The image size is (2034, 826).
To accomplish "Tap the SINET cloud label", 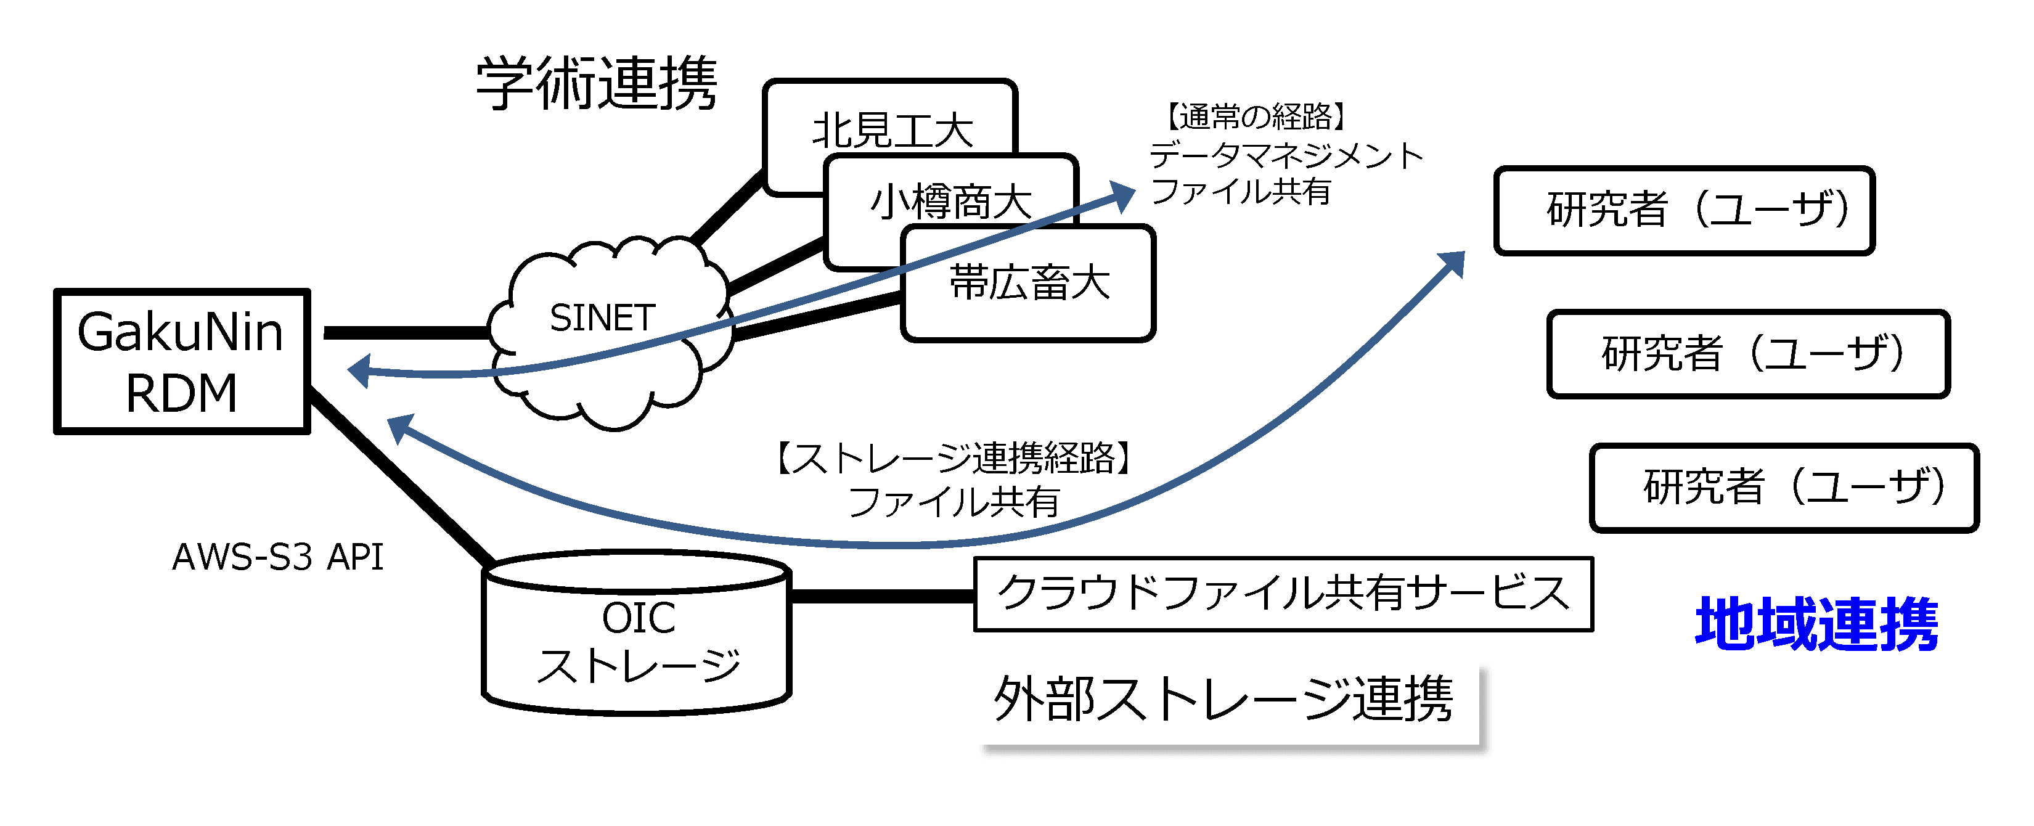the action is [602, 318].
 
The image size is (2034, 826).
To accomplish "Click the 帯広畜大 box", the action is [1028, 284].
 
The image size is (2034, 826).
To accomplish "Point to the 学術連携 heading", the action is [597, 83].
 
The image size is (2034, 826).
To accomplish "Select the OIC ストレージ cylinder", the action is [637, 632].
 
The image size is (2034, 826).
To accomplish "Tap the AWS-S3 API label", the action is [278, 557].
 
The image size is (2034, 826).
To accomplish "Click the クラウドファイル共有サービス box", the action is [1284, 594].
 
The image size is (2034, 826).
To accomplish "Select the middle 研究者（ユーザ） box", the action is [1748, 354].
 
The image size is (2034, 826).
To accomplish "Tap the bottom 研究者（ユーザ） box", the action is [1784, 487].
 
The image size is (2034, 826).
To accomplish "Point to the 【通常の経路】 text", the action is [1256, 117].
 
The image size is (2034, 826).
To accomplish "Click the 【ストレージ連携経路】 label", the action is [955, 458].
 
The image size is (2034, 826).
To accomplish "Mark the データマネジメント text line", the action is [1286, 155].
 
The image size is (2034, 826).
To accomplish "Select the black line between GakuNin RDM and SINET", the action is [407, 332].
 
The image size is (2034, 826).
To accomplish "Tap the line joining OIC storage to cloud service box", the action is [883, 595].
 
